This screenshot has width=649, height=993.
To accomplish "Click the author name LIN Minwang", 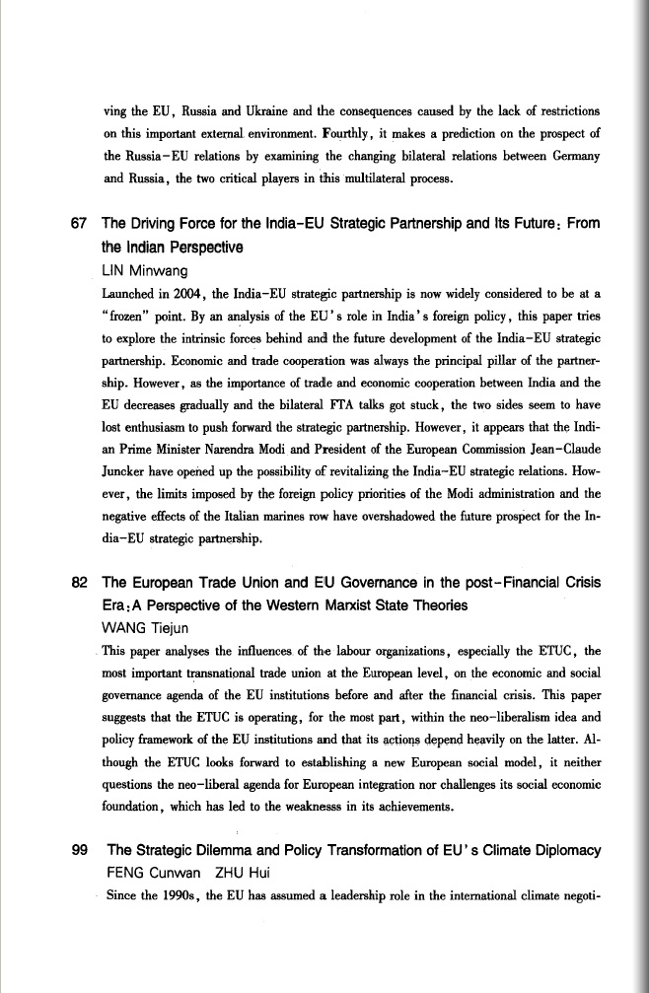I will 148,270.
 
